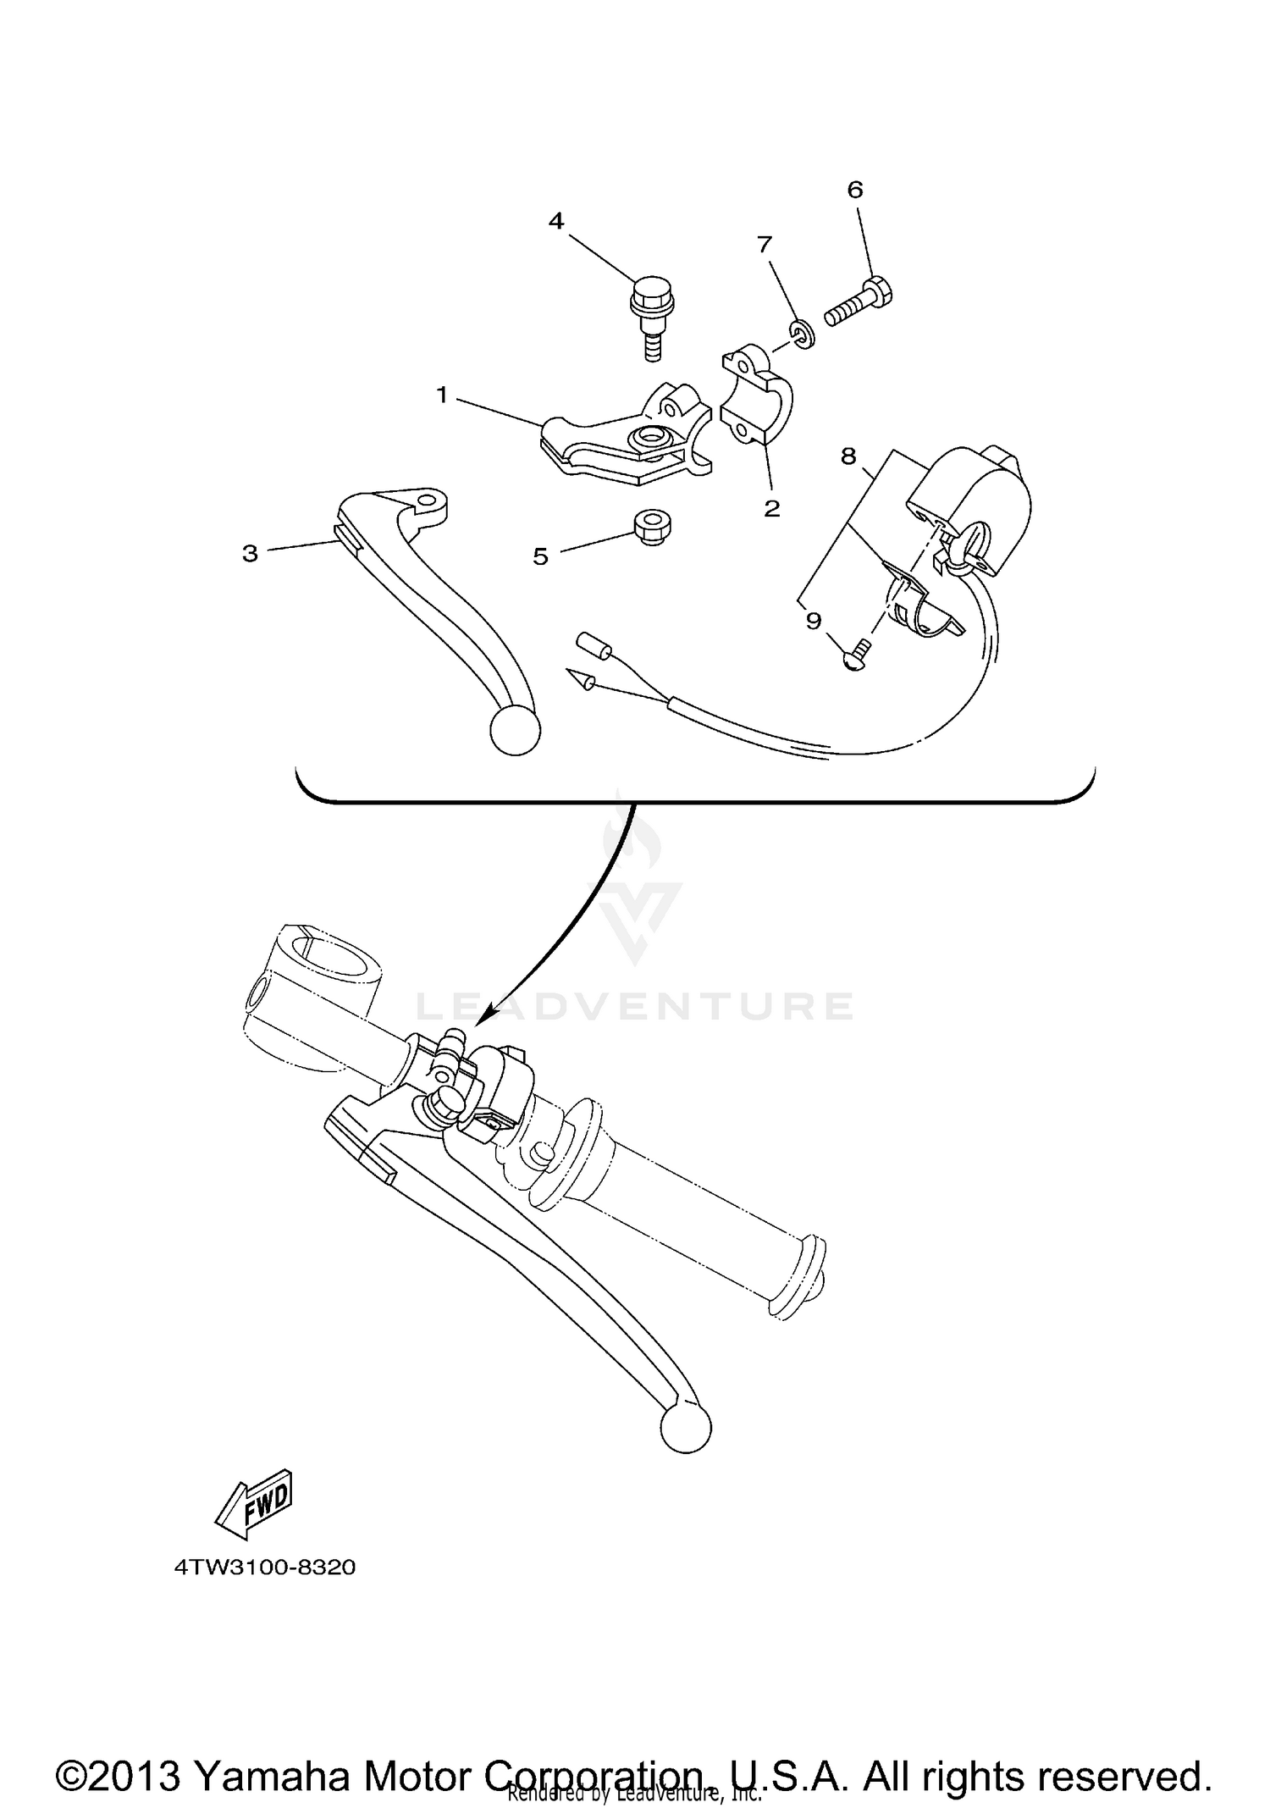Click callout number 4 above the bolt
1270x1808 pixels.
pyautogui.click(x=555, y=222)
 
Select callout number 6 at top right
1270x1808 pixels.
pyautogui.click(x=855, y=190)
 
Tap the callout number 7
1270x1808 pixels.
pyautogui.click(x=765, y=245)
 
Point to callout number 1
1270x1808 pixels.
pyautogui.click(x=442, y=395)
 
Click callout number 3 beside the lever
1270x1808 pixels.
pyautogui.click(x=250, y=554)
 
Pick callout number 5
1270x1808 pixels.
pyautogui.click(x=540, y=556)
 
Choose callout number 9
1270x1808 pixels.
pyautogui.click(x=813, y=621)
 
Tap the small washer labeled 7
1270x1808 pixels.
pyautogui.click(x=802, y=335)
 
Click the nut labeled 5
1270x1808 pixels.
pyautogui.click(x=652, y=528)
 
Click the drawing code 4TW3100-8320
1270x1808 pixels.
pyautogui.click(x=265, y=1567)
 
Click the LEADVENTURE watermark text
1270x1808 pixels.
pyautogui.click(x=635, y=1006)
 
